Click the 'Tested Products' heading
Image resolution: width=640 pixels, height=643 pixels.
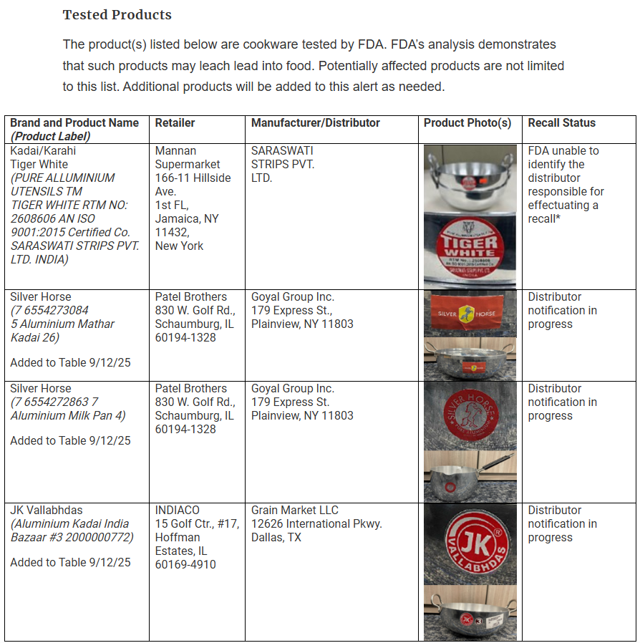(x=117, y=15)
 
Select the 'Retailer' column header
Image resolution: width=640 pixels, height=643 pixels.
(x=175, y=123)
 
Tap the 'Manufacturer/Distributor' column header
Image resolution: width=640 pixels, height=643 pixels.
(x=315, y=123)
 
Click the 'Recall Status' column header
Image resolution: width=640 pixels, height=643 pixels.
(x=561, y=123)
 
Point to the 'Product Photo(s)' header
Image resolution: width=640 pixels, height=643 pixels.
(x=467, y=123)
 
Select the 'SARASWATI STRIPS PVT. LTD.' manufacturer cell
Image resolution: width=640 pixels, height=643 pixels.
(x=283, y=164)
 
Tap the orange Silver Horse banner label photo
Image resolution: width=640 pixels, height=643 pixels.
(x=470, y=314)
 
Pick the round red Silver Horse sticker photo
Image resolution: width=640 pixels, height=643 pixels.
(x=470, y=415)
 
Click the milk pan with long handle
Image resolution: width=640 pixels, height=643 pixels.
(x=470, y=475)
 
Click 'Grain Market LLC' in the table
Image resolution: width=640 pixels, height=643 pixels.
(x=295, y=511)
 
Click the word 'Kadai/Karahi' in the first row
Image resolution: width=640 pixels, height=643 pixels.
(x=43, y=151)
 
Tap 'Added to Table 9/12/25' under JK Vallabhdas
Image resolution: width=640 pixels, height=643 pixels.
(x=70, y=563)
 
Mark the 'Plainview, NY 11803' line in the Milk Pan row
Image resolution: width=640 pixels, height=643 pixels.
(x=302, y=415)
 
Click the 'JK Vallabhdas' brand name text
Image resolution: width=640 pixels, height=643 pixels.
(x=46, y=511)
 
